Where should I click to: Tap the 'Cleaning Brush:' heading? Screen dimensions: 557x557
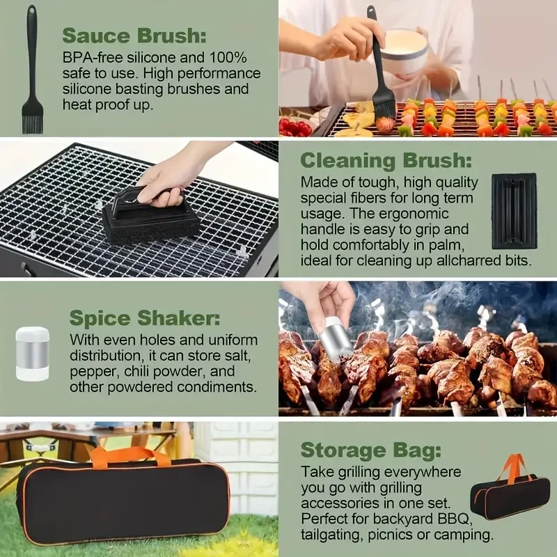click(x=381, y=160)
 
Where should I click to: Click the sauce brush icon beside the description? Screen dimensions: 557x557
click(x=31, y=70)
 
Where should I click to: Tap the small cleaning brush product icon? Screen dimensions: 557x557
click(x=514, y=211)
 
